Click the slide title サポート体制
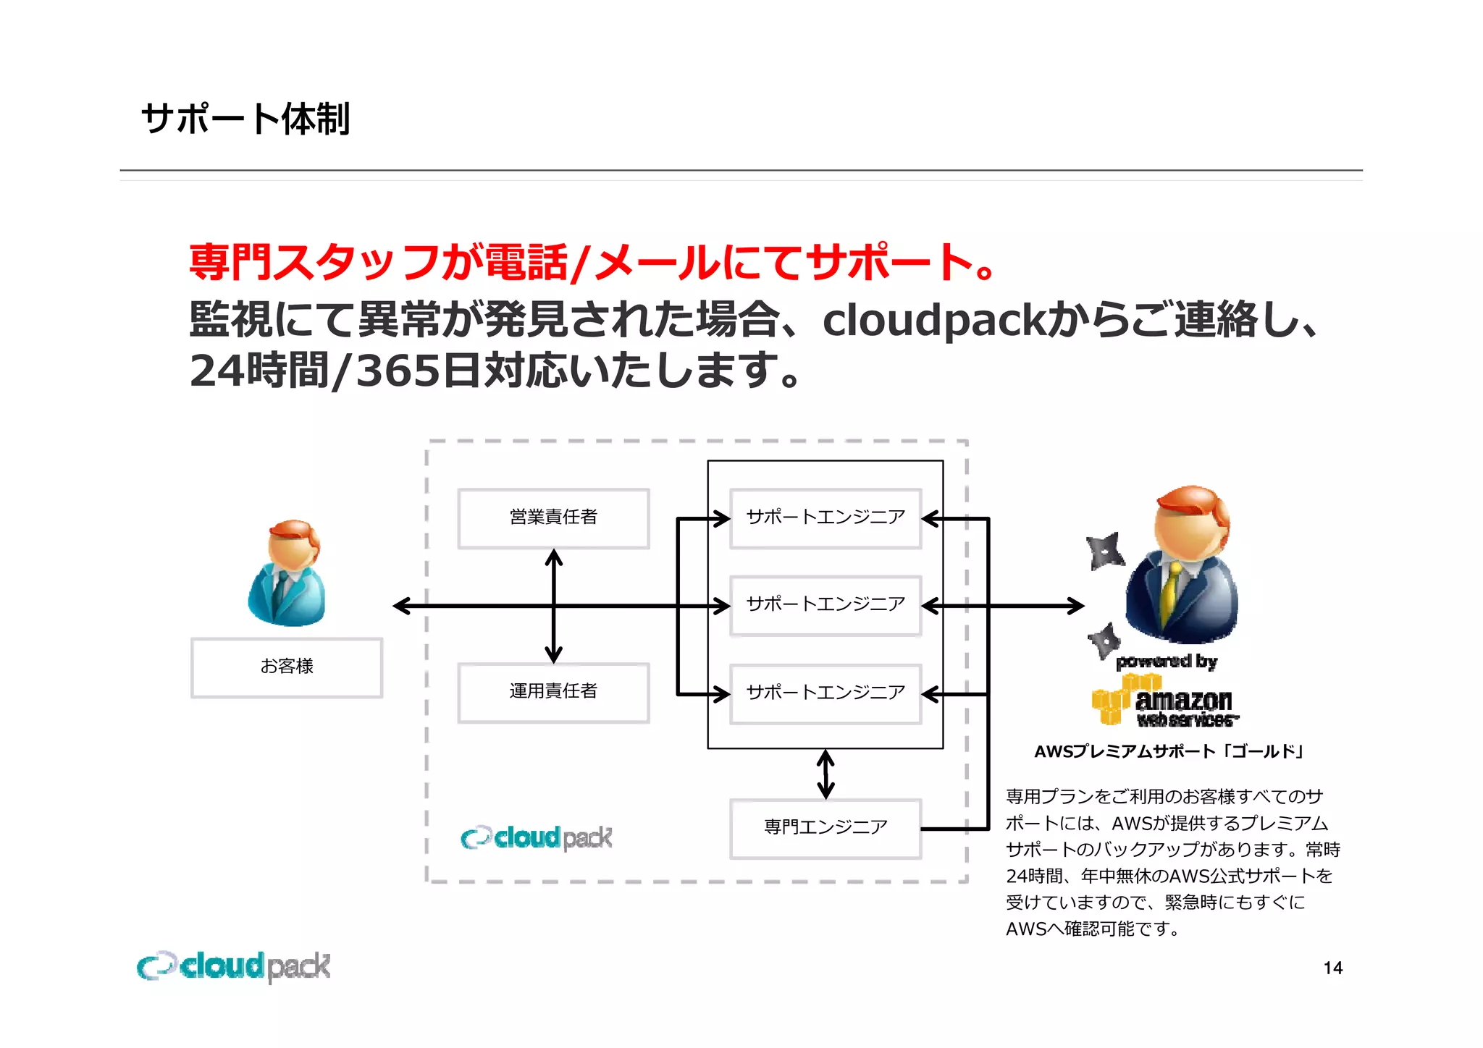click(245, 119)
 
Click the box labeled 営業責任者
click(553, 518)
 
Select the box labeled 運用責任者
click(553, 693)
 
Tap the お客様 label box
click(287, 667)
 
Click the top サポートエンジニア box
click(825, 518)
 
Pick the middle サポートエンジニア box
click(825, 605)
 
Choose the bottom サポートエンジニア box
click(825, 693)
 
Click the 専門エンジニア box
click(825, 828)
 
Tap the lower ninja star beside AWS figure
click(1105, 639)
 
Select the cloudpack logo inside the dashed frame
click(537, 837)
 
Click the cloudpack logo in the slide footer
click(234, 967)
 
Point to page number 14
click(1332, 968)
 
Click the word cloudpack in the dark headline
click(934, 321)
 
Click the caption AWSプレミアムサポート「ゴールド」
click(1169, 752)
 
